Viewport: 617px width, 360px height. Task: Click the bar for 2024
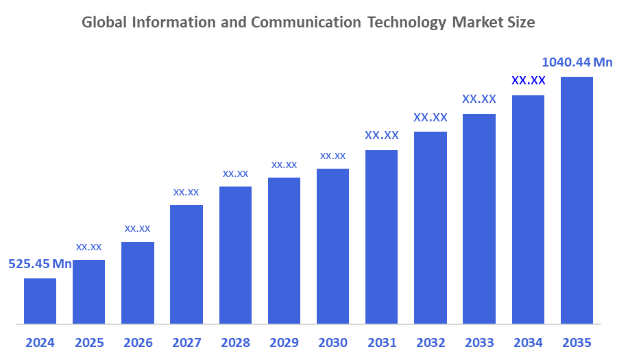40,300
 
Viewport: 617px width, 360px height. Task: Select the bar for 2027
186,264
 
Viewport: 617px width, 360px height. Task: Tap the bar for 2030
332,245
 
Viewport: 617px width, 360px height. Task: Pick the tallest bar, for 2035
577,200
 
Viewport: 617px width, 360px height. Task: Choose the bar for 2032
431,227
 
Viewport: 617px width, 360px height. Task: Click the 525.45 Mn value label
40,264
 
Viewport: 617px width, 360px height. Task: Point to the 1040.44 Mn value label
577,62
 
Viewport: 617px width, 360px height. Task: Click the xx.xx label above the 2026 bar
137,228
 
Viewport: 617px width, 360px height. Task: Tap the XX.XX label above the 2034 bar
529,80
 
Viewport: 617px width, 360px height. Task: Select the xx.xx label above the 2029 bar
284,165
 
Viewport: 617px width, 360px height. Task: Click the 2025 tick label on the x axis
88,342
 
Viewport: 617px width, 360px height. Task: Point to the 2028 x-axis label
235,342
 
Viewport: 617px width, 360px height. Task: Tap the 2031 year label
381,342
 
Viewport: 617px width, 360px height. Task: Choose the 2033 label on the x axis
479,342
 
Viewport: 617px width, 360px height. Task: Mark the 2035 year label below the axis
577,342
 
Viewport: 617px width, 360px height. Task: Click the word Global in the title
104,23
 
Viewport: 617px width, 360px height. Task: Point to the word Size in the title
521,23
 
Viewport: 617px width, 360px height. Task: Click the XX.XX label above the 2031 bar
382,135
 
